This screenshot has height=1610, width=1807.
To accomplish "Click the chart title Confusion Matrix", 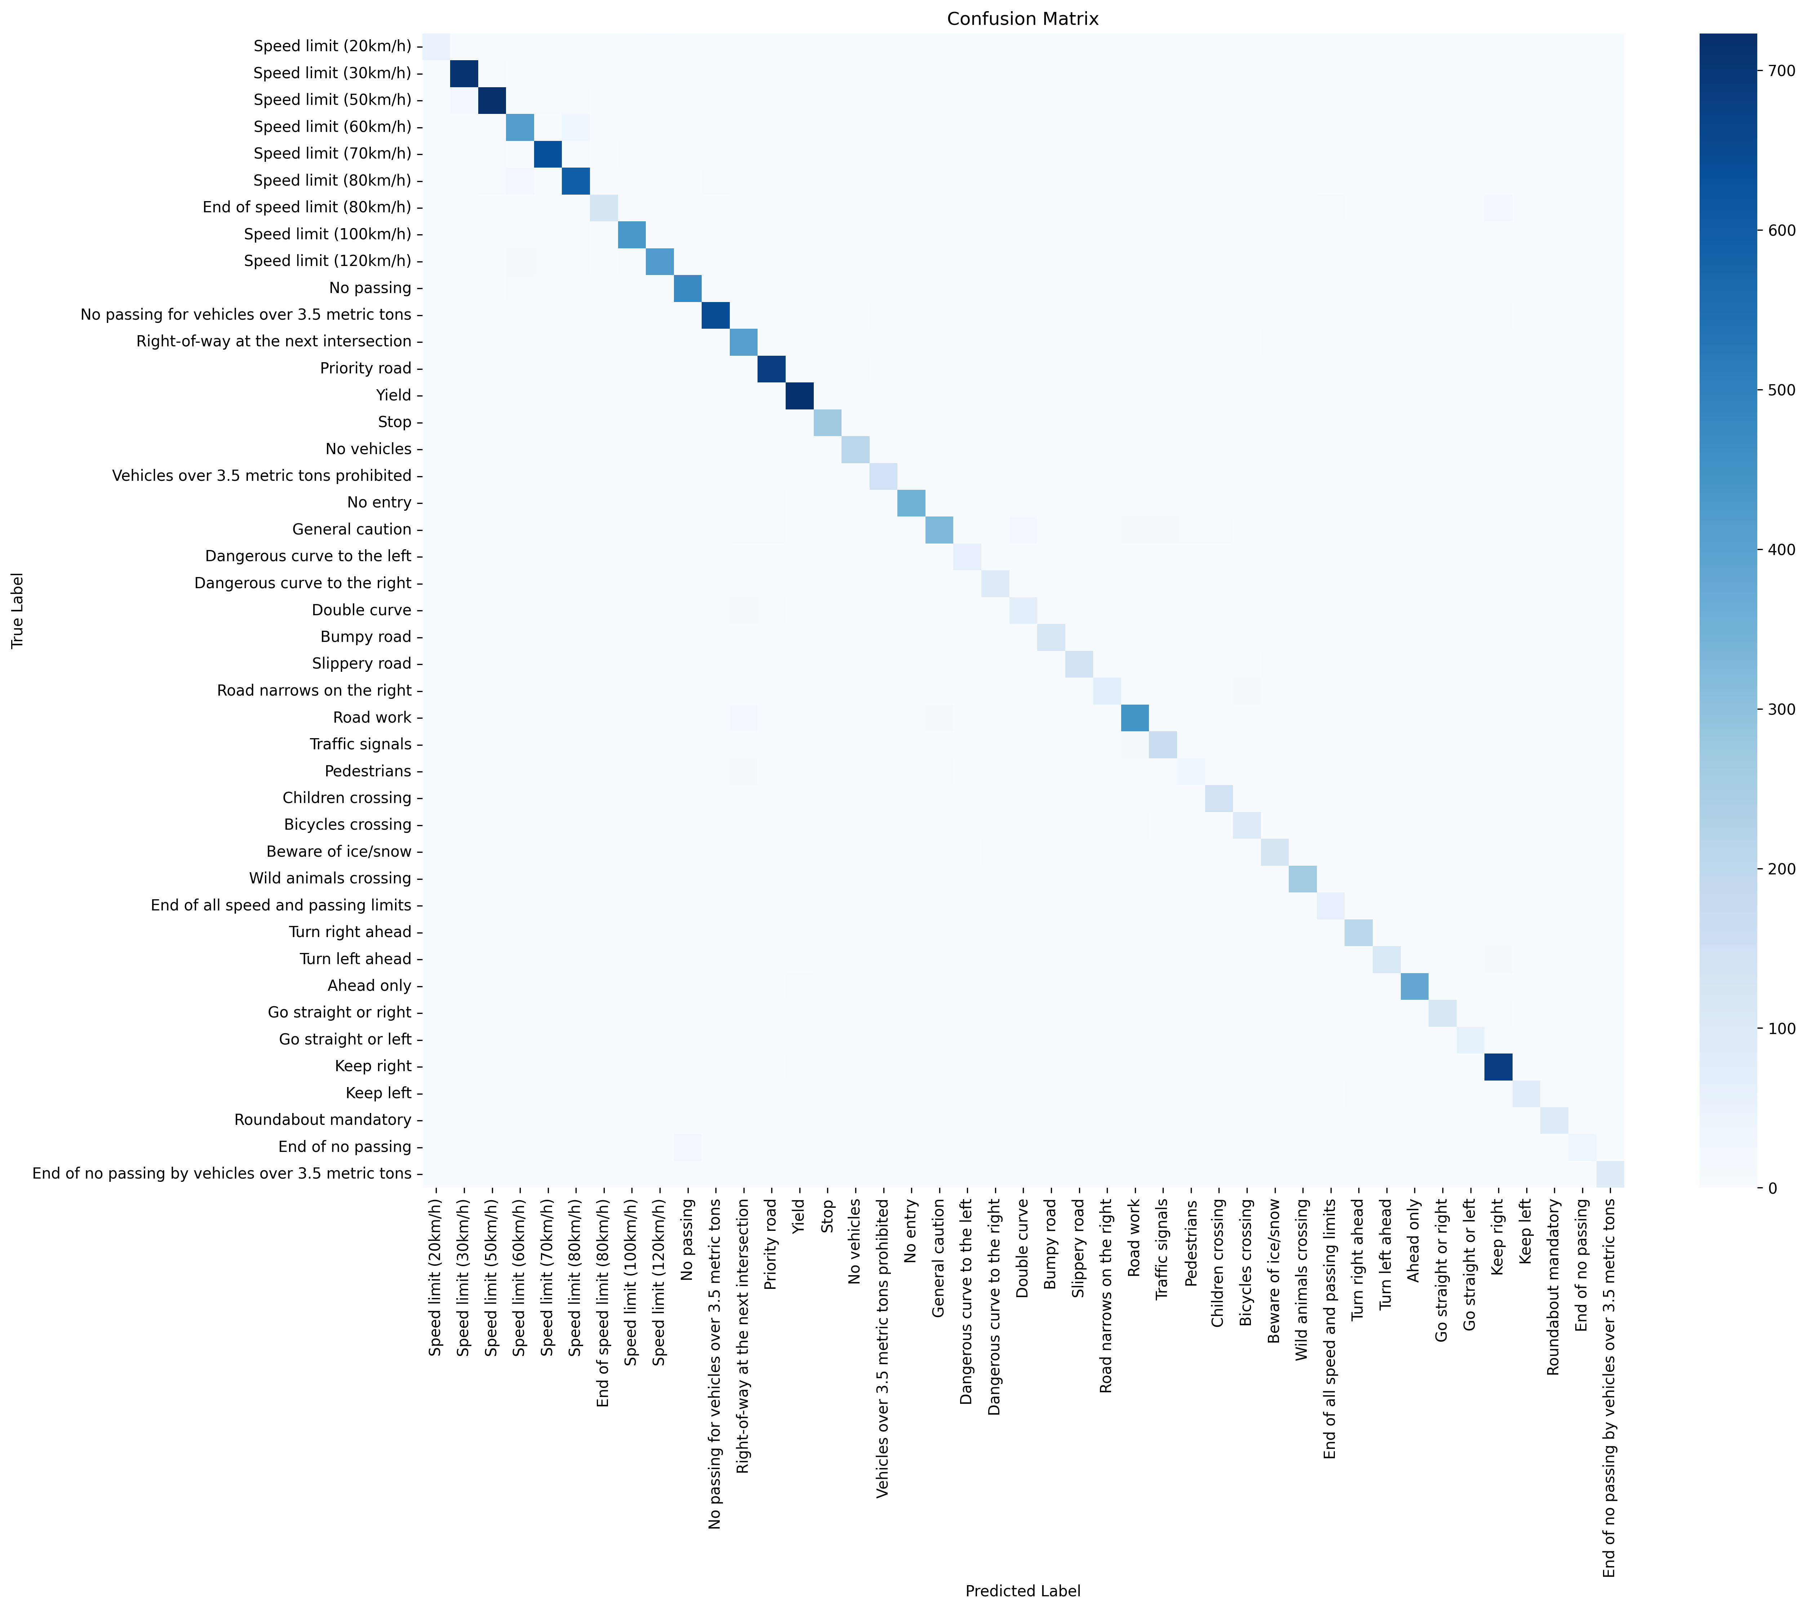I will (1022, 19).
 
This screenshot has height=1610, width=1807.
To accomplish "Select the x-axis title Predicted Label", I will (1022, 1591).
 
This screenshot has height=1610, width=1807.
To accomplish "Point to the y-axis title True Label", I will (18, 611).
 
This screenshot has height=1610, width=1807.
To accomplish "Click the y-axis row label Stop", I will (394, 422).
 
